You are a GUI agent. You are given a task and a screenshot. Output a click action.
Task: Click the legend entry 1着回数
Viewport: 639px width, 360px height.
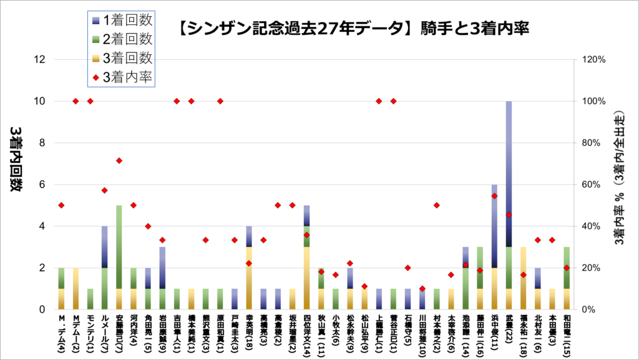[x=121, y=21]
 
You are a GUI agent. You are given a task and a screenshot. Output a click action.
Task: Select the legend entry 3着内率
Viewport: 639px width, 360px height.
[x=121, y=77]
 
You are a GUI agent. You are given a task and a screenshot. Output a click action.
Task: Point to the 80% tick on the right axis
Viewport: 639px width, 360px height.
[x=593, y=143]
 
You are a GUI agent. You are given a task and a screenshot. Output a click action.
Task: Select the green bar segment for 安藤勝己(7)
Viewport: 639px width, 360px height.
[x=119, y=246]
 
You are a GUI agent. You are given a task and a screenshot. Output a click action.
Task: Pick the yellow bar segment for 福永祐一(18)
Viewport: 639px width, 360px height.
[x=524, y=278]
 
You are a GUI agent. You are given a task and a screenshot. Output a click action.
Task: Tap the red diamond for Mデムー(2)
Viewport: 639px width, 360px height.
[x=76, y=101]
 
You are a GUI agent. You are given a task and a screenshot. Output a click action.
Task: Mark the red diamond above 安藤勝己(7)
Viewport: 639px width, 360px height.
[x=119, y=160]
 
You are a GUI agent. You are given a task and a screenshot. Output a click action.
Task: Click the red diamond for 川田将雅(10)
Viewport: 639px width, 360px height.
[x=422, y=289]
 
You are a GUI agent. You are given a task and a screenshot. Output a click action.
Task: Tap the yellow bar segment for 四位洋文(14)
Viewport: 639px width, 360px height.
[x=306, y=278]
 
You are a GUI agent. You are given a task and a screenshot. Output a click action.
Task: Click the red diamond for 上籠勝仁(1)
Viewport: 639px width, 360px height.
[x=379, y=101]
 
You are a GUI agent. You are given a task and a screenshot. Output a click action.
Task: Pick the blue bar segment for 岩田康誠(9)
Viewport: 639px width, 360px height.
[x=162, y=267]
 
